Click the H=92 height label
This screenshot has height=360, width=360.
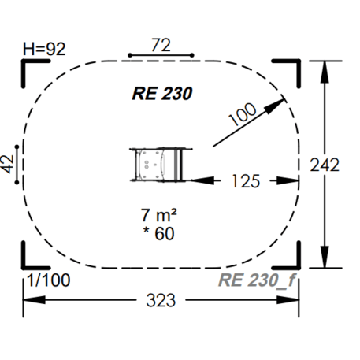(x=44, y=49)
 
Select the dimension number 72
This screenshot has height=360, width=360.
(x=161, y=45)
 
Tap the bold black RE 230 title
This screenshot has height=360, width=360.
(x=162, y=92)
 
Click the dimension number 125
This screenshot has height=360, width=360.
(x=246, y=181)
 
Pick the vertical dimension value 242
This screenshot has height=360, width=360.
(x=325, y=165)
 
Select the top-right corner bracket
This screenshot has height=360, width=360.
(x=291, y=70)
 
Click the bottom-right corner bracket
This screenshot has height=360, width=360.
(x=291, y=258)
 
